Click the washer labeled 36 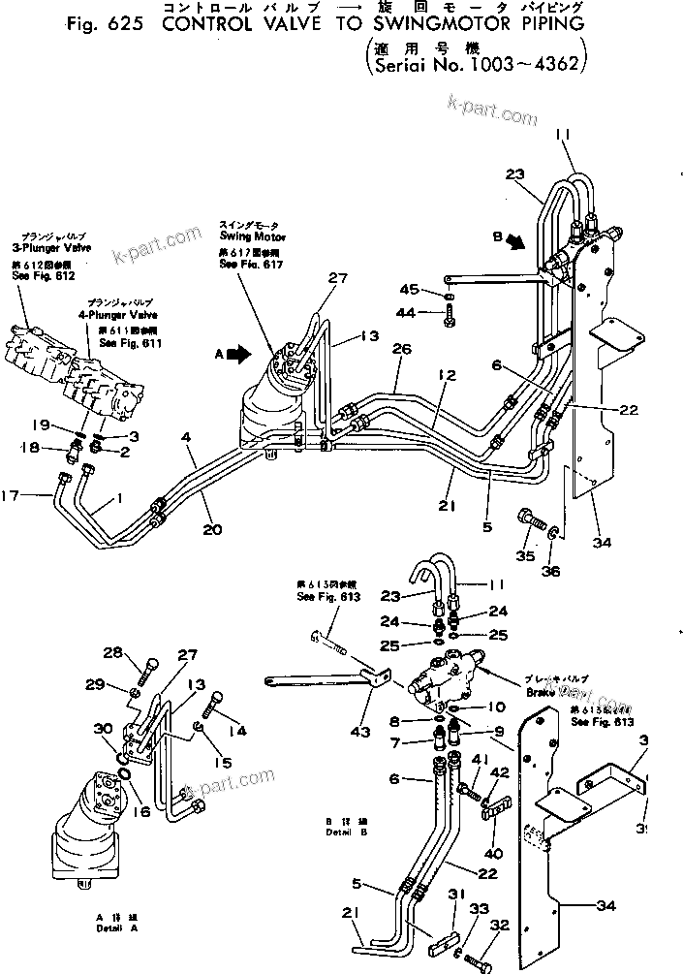[554, 534]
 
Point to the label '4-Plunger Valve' [119, 315]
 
